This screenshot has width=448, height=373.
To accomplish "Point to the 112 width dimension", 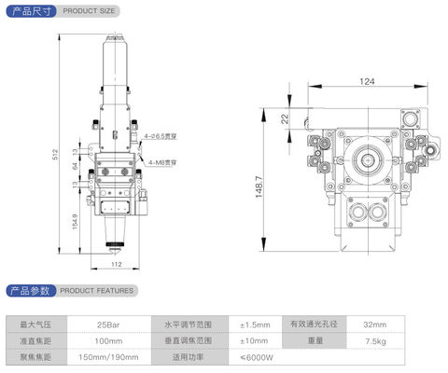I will (115, 264).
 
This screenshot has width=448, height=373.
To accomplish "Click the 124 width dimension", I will (367, 82).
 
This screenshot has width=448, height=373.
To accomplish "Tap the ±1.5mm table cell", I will (255, 324).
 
